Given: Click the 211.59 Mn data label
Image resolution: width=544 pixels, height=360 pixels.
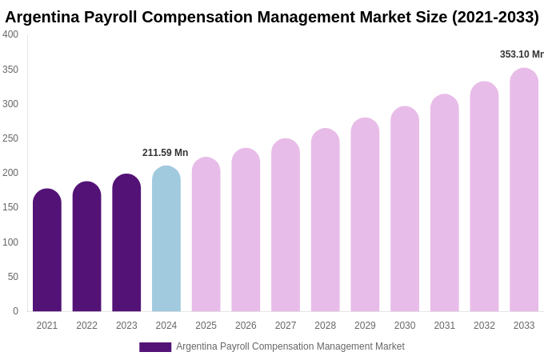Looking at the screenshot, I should (166, 153).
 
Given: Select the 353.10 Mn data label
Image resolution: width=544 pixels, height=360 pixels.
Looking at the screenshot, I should (522, 54).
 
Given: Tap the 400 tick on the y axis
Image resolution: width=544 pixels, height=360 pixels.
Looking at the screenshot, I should (10, 34).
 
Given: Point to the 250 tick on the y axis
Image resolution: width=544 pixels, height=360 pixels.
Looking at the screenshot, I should (10, 138).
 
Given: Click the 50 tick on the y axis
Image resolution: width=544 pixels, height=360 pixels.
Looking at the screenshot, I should (13, 277).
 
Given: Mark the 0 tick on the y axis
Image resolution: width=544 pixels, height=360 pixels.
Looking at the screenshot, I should (15, 311).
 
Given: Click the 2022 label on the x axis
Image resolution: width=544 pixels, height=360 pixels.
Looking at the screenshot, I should (86, 326).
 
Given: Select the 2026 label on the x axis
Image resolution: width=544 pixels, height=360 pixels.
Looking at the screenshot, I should (246, 326).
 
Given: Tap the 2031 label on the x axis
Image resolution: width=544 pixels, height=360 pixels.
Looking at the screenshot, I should (445, 326).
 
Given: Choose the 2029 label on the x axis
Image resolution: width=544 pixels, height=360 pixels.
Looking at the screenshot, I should (365, 326).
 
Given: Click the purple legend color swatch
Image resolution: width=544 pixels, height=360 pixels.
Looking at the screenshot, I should (155, 347).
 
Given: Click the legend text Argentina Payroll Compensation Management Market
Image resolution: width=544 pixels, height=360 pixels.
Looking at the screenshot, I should (290, 346).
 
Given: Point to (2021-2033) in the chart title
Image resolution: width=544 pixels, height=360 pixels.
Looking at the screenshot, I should (495, 17).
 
